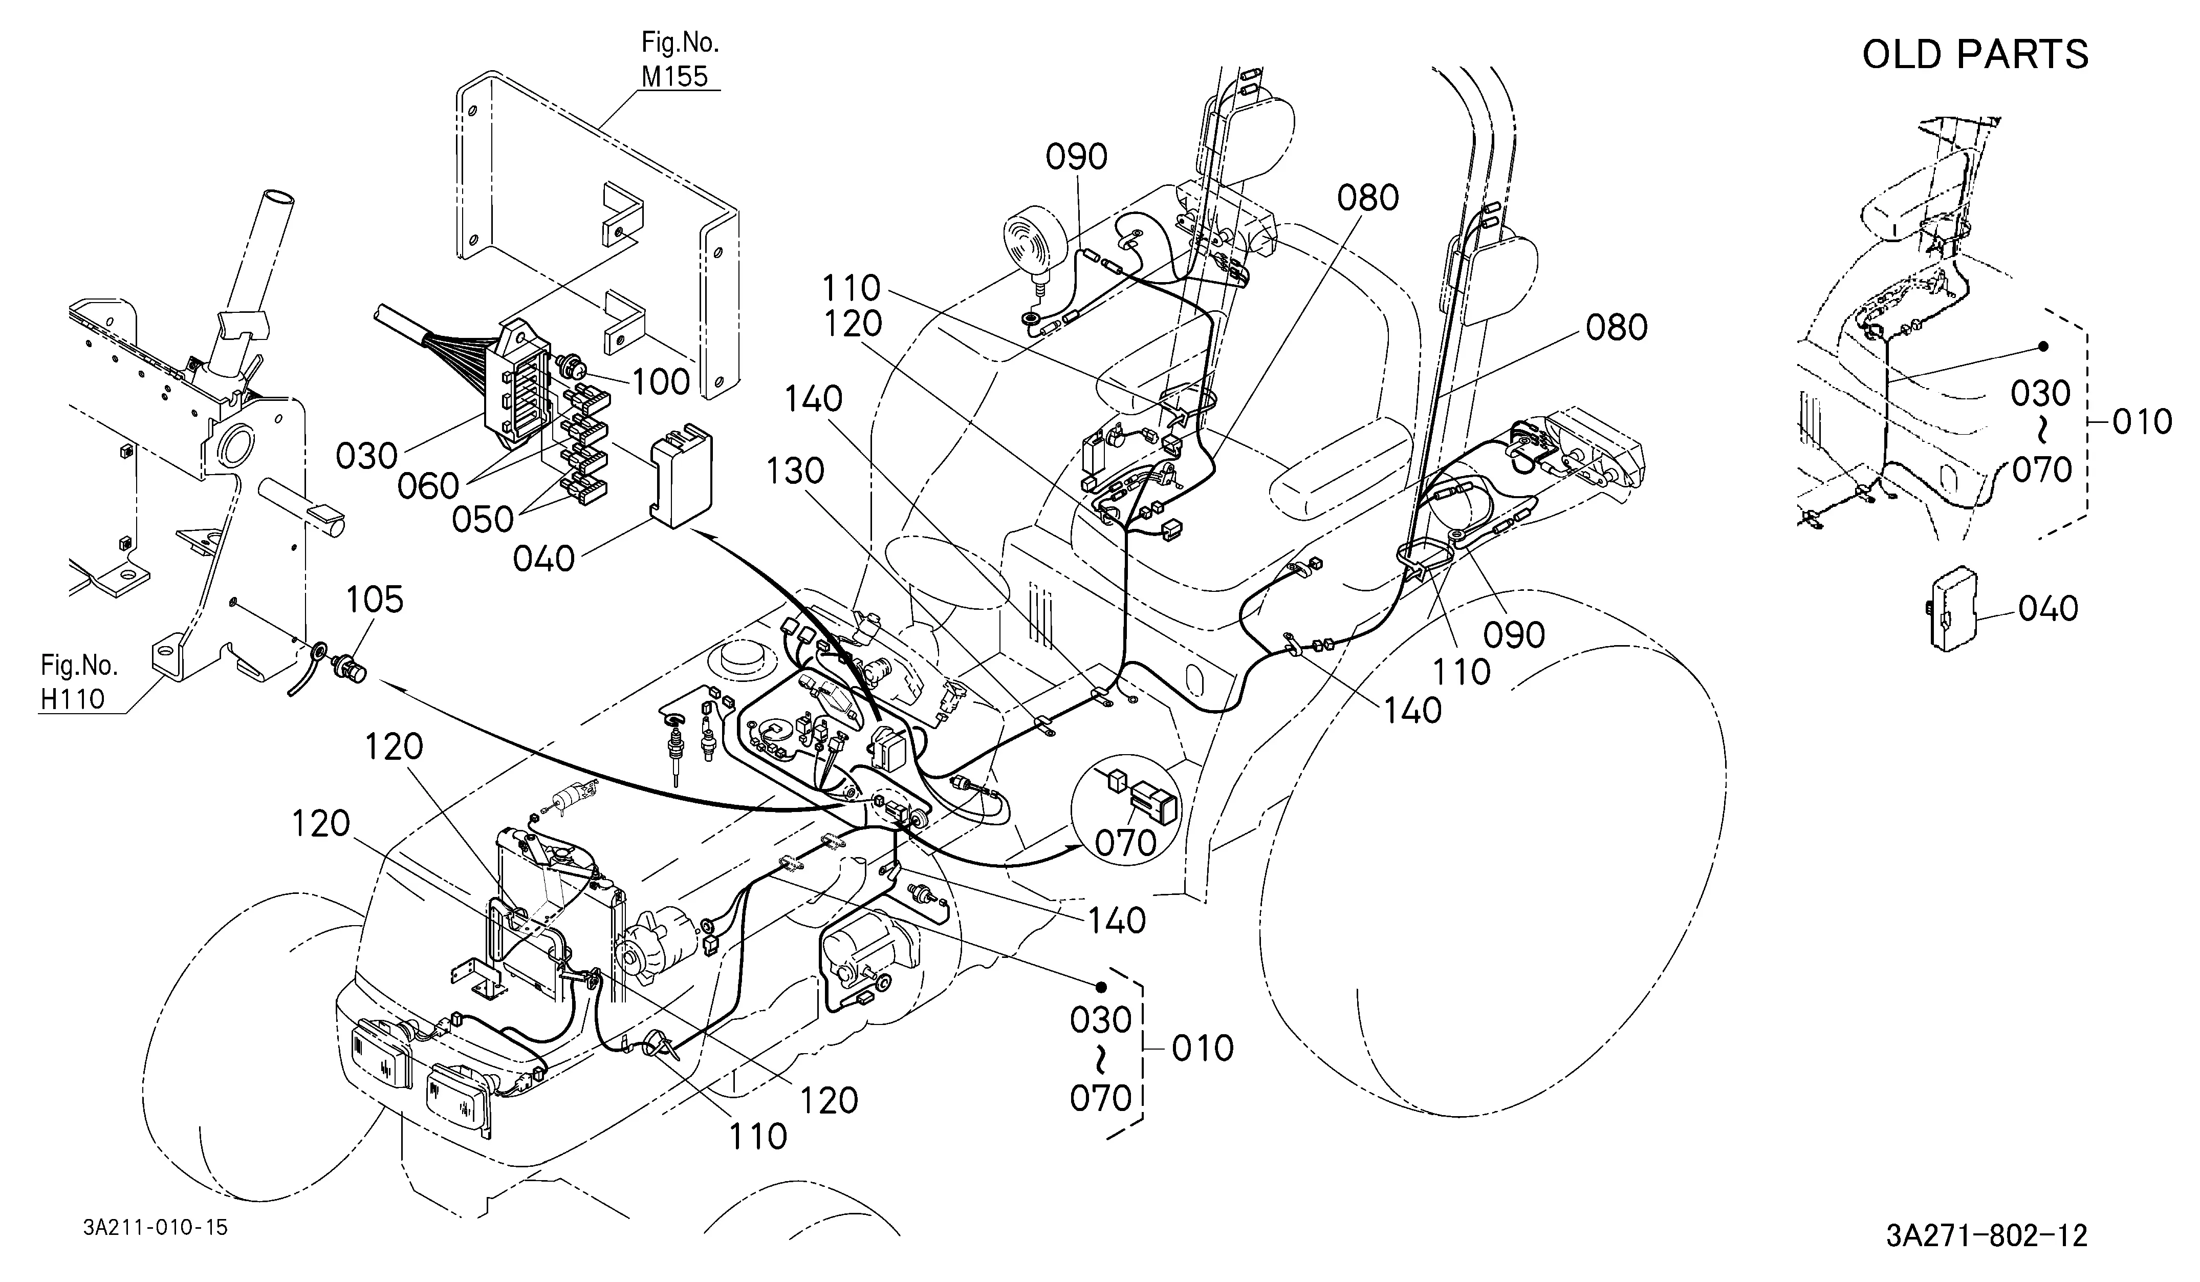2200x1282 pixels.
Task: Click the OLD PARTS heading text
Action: tap(1976, 54)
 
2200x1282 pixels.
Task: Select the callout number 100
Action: tap(661, 381)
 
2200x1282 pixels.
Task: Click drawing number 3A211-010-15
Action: tap(156, 1227)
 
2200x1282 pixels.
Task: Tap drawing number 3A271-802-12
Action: tap(1986, 1236)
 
